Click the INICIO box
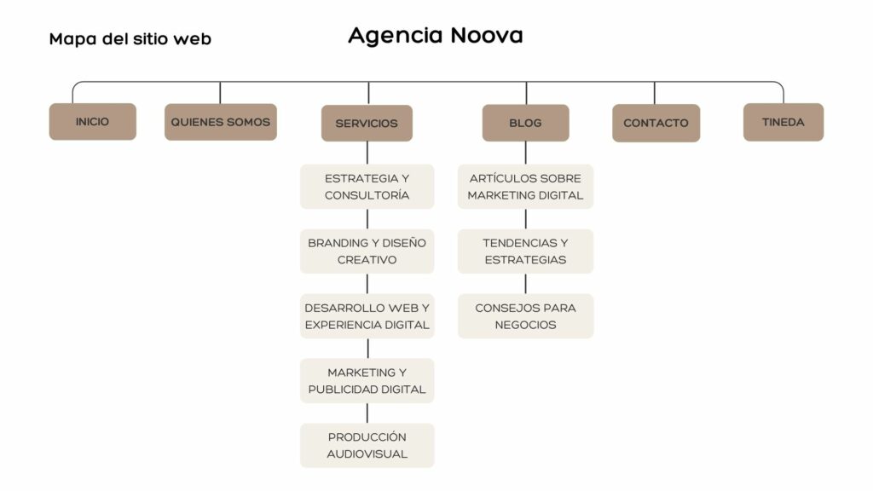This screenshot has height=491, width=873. pyautogui.click(x=92, y=121)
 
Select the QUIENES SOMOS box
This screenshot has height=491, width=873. pyautogui.click(x=221, y=122)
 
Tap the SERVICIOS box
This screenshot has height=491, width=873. pyautogui.click(x=367, y=123)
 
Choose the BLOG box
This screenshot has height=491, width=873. pyautogui.click(x=525, y=123)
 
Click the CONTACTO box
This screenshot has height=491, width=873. pyautogui.click(x=656, y=123)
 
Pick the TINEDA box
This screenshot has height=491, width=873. pyautogui.click(x=783, y=122)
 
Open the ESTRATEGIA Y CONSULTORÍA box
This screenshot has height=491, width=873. pyautogui.click(x=367, y=187)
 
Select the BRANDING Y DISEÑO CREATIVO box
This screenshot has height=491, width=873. pyautogui.click(x=367, y=251)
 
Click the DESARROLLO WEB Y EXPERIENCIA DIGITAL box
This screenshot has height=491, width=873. pyautogui.click(x=367, y=316)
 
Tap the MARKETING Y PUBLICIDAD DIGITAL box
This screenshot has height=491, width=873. pyautogui.click(x=367, y=381)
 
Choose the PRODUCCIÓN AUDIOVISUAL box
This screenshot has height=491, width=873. pyautogui.click(x=367, y=445)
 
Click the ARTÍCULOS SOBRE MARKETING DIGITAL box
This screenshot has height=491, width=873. pyautogui.click(x=525, y=187)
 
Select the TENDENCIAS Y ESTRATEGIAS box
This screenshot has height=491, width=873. pyautogui.click(x=525, y=251)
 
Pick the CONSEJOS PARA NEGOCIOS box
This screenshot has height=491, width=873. pyautogui.click(x=525, y=316)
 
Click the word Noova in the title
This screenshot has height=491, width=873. pyautogui.click(x=487, y=35)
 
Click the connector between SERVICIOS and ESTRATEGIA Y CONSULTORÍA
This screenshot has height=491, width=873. pyautogui.click(x=367, y=153)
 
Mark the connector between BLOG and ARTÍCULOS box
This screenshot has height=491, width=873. pyautogui.click(x=525, y=153)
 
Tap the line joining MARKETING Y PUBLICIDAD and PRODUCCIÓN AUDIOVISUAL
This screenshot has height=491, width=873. pyautogui.click(x=367, y=413)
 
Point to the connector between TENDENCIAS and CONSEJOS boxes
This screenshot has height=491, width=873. pyautogui.click(x=525, y=284)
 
